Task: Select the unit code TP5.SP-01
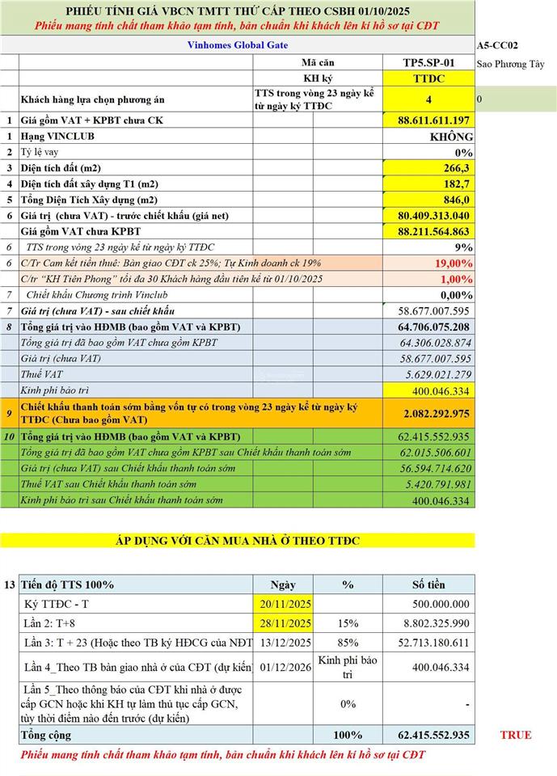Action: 428,62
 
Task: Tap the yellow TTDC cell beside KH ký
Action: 428,78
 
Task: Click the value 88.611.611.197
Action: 433,120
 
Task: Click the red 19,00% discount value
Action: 454,264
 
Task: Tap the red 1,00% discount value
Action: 457,279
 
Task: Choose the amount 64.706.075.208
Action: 433,327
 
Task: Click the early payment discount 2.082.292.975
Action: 436,413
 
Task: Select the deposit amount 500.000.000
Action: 440,603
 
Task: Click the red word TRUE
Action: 516,735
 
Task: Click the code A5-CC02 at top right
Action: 497,47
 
